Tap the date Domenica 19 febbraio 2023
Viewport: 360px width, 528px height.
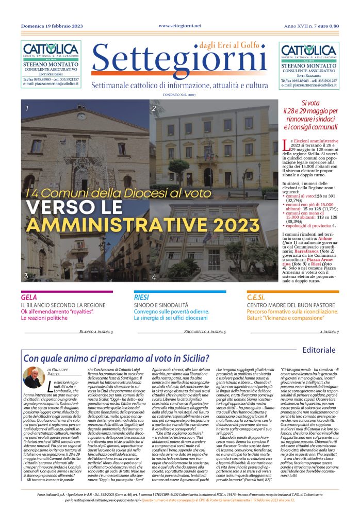click(x=53, y=25)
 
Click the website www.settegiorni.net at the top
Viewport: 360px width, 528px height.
click(x=180, y=25)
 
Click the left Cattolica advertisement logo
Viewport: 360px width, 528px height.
click(x=51, y=51)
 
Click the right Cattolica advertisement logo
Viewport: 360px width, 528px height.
click(x=309, y=51)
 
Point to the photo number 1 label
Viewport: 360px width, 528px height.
click(x=27, y=109)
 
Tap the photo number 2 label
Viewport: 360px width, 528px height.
click(x=153, y=109)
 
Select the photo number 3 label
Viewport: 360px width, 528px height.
click(x=26, y=276)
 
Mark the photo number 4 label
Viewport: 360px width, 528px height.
click(x=153, y=277)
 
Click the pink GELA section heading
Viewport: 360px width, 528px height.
click(x=29, y=298)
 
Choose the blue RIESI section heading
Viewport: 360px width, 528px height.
click(x=141, y=298)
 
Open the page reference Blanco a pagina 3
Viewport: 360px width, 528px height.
click(x=96, y=332)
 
